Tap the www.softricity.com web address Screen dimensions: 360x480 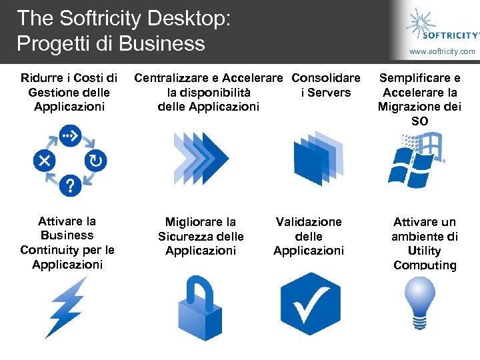click(442, 51)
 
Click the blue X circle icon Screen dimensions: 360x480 click(45, 161)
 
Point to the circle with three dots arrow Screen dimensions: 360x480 click(70, 137)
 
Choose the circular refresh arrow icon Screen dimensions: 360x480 click(95, 161)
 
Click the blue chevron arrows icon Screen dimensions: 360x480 click(201, 159)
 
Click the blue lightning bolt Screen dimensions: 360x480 click(67, 306)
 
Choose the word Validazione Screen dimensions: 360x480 click(309, 221)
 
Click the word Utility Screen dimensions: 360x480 click(425, 251)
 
